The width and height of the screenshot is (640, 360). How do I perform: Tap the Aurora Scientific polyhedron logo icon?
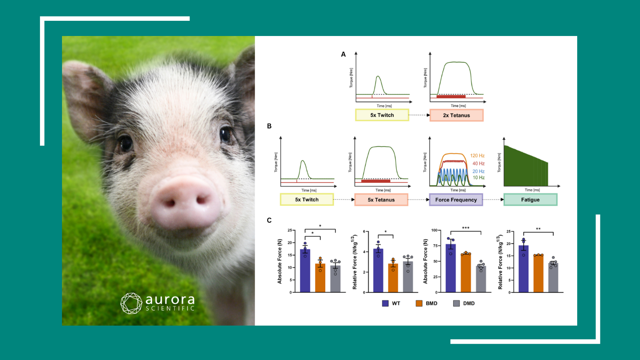click(131, 303)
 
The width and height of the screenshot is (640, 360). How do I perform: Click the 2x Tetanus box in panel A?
click(456, 115)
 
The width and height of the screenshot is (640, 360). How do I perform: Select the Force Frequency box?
click(456, 200)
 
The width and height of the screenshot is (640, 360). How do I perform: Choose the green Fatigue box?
click(530, 200)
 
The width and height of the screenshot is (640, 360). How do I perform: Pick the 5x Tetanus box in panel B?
click(381, 200)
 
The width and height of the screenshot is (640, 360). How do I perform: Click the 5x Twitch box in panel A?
click(382, 115)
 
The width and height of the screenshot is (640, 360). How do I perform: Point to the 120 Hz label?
click(477, 156)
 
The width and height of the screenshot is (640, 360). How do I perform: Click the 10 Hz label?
click(478, 178)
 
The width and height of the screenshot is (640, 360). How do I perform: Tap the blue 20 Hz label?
click(478, 171)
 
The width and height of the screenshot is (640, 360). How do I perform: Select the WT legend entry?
click(391, 304)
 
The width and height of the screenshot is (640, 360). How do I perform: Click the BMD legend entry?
click(427, 304)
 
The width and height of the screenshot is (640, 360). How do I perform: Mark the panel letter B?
click(269, 126)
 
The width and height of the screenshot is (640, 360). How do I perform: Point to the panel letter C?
click(269, 220)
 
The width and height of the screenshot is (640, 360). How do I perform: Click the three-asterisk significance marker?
click(466, 228)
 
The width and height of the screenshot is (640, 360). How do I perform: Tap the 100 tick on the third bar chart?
click(434, 230)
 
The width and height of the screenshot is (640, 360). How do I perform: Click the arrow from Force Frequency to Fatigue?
click(493, 200)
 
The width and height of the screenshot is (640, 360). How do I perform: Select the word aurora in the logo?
click(170, 299)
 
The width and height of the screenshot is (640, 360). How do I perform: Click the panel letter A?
click(343, 54)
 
